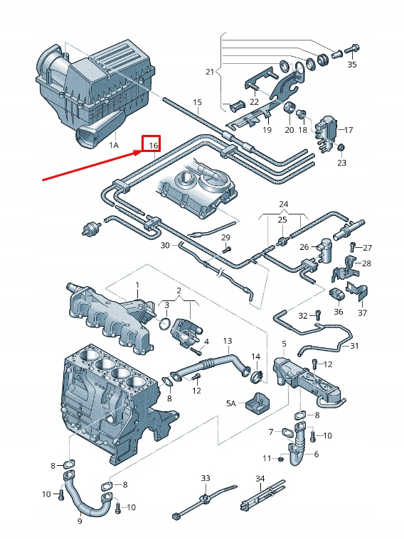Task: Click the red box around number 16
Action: click(151, 144)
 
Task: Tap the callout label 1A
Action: click(114, 145)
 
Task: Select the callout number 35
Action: click(352, 65)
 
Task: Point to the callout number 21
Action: click(209, 72)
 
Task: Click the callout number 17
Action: click(347, 130)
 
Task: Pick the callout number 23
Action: click(342, 163)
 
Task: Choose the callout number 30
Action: click(164, 245)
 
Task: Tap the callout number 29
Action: click(225, 236)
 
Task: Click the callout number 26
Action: click(304, 247)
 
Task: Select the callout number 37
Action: click(362, 312)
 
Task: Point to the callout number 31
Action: click(355, 346)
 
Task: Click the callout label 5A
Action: click(230, 403)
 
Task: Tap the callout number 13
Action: click(228, 341)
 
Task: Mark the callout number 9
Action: click(80, 521)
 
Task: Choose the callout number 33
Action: click(206, 478)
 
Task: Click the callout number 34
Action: click(260, 478)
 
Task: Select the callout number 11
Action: click(268, 457)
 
